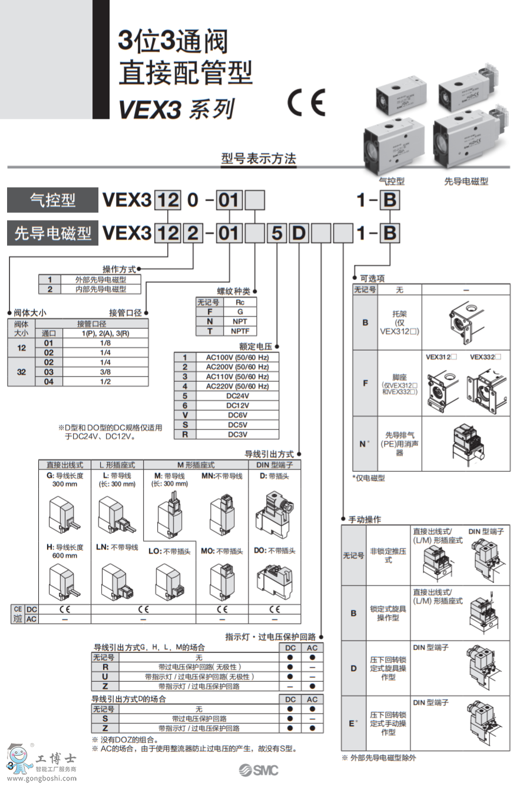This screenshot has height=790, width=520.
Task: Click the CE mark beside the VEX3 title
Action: (306, 104)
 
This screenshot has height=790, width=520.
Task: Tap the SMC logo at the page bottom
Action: (259, 771)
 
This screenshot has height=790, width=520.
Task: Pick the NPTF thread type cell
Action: (240, 331)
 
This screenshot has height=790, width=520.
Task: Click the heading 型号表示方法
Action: (259, 158)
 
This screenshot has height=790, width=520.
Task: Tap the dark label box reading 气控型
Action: (52, 200)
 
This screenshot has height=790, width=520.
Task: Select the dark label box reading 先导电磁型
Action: (52, 234)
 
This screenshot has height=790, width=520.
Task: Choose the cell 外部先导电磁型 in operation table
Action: (100, 279)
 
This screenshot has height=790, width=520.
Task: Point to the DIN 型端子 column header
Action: (274, 465)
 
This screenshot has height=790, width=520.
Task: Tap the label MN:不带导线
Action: (221, 476)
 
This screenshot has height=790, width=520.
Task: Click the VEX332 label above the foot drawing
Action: (485, 357)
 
